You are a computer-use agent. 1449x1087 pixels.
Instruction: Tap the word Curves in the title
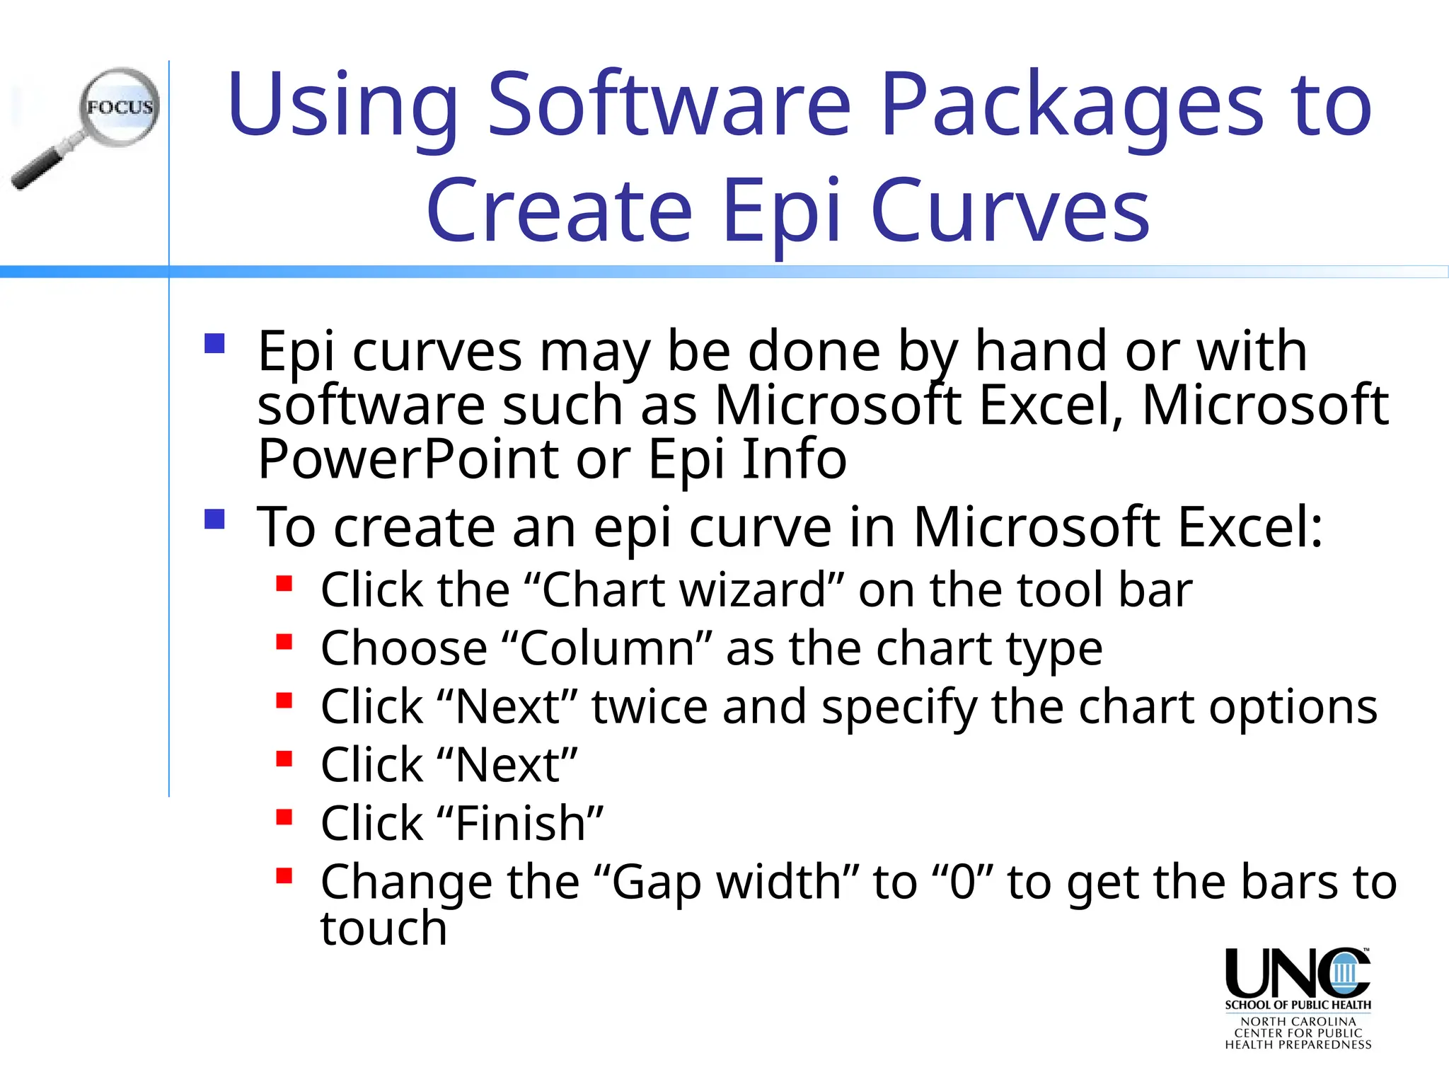click(1010, 211)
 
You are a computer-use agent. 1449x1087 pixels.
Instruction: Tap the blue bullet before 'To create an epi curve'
click(214, 519)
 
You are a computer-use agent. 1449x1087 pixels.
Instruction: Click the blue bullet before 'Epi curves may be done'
click(214, 344)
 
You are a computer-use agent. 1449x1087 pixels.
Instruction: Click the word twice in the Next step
click(650, 707)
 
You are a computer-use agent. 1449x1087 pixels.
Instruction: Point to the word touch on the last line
click(383, 928)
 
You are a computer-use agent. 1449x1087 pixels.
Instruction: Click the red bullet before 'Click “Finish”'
click(284, 818)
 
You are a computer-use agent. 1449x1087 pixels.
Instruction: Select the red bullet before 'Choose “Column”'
click(284, 643)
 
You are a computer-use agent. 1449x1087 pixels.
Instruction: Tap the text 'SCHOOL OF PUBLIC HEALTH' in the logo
click(1298, 1005)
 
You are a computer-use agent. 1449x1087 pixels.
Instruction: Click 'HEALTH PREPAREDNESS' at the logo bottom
click(1298, 1045)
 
